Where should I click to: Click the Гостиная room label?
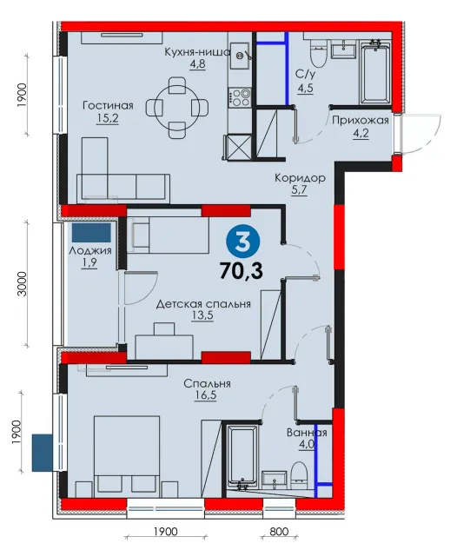point(108,106)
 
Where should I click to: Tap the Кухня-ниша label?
point(197,52)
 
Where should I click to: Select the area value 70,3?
point(242,271)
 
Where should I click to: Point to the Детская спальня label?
point(203,304)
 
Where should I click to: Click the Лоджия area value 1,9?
point(89,263)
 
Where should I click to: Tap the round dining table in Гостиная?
point(177,108)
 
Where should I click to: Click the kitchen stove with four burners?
point(240,97)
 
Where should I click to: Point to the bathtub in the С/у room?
point(375,72)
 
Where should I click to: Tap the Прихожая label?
point(361,120)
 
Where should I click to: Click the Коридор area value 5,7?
point(300,190)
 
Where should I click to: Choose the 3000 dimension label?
point(22,284)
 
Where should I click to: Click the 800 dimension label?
point(279,532)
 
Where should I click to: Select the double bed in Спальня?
point(127,456)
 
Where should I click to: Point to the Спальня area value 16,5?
point(206,395)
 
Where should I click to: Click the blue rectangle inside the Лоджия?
point(91,233)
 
